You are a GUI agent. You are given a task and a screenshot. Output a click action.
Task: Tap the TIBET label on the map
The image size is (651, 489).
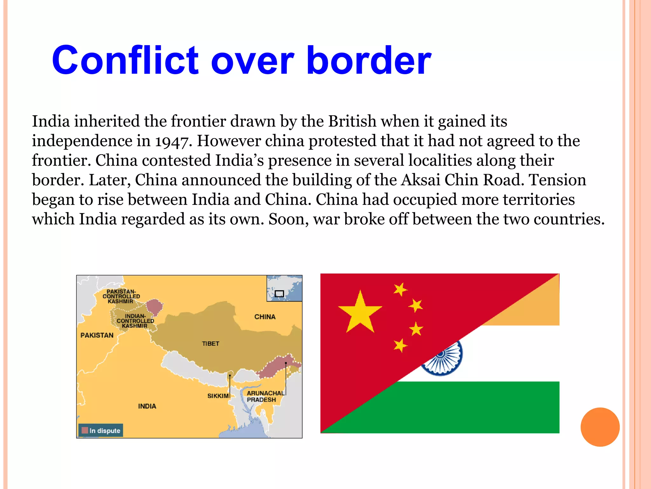pyautogui.click(x=210, y=344)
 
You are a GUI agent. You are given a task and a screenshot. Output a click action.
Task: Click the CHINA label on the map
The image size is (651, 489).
pyautogui.click(x=265, y=317)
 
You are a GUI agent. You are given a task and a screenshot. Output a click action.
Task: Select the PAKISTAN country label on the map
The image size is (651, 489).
pyautogui.click(x=97, y=335)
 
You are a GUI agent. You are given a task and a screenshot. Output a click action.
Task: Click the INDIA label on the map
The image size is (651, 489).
pyautogui.click(x=147, y=406)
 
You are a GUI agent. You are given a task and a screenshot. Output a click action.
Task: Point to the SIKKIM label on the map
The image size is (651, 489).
pyautogui.click(x=218, y=396)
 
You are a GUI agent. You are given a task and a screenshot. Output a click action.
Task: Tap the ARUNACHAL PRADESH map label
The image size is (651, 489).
pyautogui.click(x=265, y=396)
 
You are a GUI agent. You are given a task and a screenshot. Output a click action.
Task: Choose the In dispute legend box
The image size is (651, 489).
pyautogui.click(x=101, y=430)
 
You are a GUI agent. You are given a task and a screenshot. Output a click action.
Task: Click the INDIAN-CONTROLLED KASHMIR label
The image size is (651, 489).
pyautogui.click(x=135, y=321)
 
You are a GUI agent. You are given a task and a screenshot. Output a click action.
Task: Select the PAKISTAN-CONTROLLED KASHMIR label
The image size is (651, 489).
pyautogui.click(x=121, y=296)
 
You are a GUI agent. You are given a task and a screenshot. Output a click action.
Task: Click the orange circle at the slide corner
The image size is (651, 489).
pyautogui.click(x=600, y=427)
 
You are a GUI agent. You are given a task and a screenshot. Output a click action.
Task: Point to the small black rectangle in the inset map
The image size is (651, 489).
pyautogui.click(x=279, y=294)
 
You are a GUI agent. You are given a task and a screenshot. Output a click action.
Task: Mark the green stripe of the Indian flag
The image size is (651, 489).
pyautogui.click(x=477, y=407)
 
